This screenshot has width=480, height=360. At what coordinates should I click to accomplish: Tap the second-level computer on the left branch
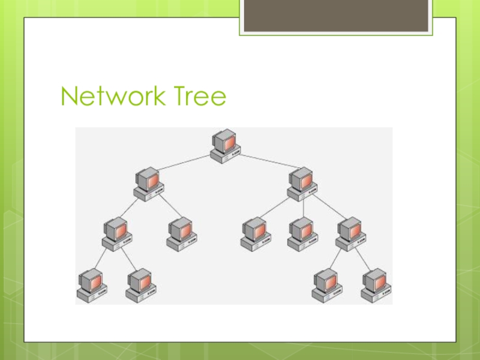coord(148,184)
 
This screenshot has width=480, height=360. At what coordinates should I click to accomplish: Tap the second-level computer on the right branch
coord(301,184)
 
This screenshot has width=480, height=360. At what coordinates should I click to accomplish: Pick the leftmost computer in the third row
coord(116,234)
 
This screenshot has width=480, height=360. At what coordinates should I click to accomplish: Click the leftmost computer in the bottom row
coord(91,285)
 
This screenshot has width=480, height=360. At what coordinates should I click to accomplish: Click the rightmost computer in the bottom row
coord(376,285)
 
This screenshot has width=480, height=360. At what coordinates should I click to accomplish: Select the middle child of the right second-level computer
coord(301,234)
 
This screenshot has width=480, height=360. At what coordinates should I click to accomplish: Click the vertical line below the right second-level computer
coord(303,209)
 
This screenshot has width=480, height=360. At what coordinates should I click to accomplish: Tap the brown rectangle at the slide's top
coord(336,16)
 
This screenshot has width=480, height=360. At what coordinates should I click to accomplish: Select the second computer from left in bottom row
coord(140,285)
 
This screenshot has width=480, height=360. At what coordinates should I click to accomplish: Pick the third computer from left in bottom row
coord(326,285)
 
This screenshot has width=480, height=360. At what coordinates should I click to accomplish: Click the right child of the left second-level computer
coord(181,234)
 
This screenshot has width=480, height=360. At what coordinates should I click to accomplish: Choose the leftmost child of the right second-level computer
coord(254,234)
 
